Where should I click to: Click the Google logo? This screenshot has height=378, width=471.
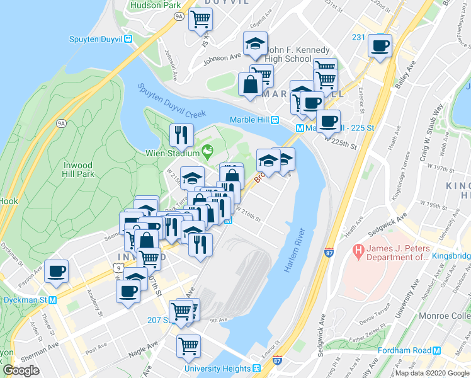pyautogui.click(x=21, y=370)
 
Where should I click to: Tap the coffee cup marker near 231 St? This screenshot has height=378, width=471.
pyautogui.click(x=380, y=45)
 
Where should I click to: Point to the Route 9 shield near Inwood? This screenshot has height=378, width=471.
pyautogui.click(x=118, y=268)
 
